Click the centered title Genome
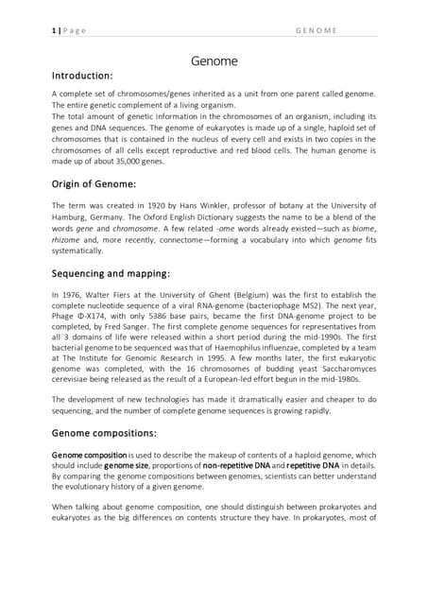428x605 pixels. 214,62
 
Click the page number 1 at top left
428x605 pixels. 54,30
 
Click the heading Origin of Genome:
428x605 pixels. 94,183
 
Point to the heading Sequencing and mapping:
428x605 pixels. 111,273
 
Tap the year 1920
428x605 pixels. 158,205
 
